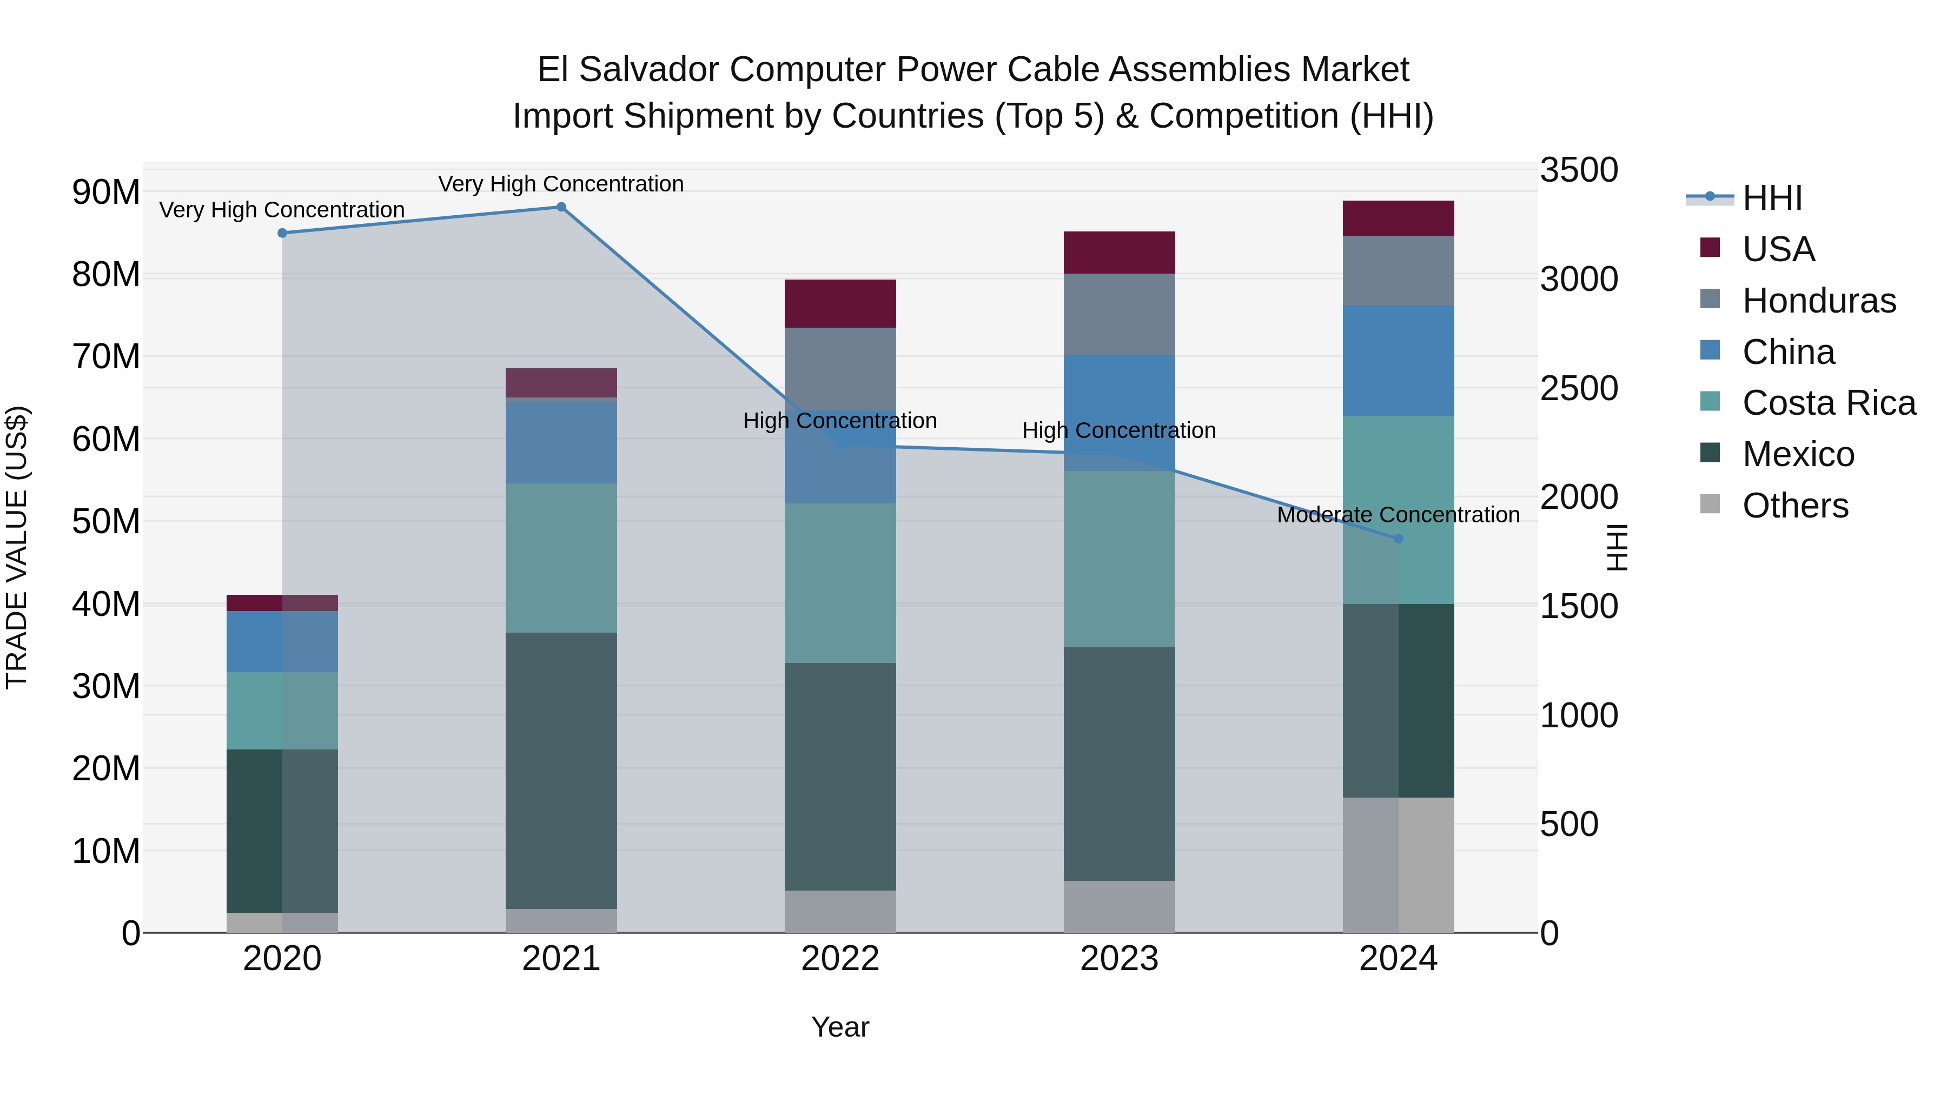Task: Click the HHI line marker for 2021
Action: tap(561, 207)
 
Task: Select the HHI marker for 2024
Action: tap(1398, 539)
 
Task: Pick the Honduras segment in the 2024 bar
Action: tap(1398, 270)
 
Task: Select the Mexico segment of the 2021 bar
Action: tap(561, 770)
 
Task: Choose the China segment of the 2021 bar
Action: tap(561, 442)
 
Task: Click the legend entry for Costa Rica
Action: tap(1829, 403)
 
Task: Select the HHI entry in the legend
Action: tap(1772, 198)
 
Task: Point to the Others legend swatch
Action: tap(1710, 504)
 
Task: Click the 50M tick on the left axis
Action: tap(106, 521)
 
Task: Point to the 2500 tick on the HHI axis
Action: tap(1579, 388)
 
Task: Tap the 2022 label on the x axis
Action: tap(840, 959)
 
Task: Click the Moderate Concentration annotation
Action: tap(1398, 515)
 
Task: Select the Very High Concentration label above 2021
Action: tap(561, 184)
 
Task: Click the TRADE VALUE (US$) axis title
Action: tap(17, 547)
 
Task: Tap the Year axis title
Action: tap(840, 1027)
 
